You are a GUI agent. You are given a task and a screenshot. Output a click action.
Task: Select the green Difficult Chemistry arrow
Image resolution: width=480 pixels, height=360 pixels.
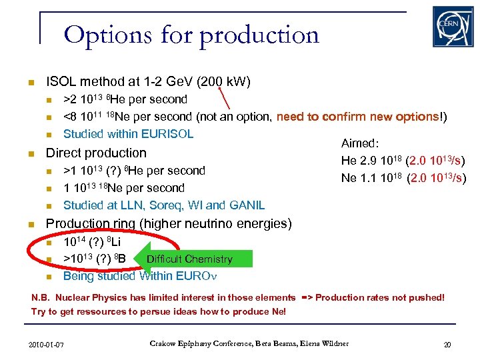click(x=189, y=259)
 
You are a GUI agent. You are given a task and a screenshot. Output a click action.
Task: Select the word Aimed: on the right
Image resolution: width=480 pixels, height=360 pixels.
click(x=360, y=143)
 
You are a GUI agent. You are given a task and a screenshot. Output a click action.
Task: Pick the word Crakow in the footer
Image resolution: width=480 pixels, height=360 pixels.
click(x=164, y=343)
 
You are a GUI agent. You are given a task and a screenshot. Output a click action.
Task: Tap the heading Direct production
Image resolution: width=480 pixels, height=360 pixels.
click(x=96, y=153)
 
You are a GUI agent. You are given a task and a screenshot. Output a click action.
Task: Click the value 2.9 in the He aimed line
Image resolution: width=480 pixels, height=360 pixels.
click(x=370, y=161)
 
